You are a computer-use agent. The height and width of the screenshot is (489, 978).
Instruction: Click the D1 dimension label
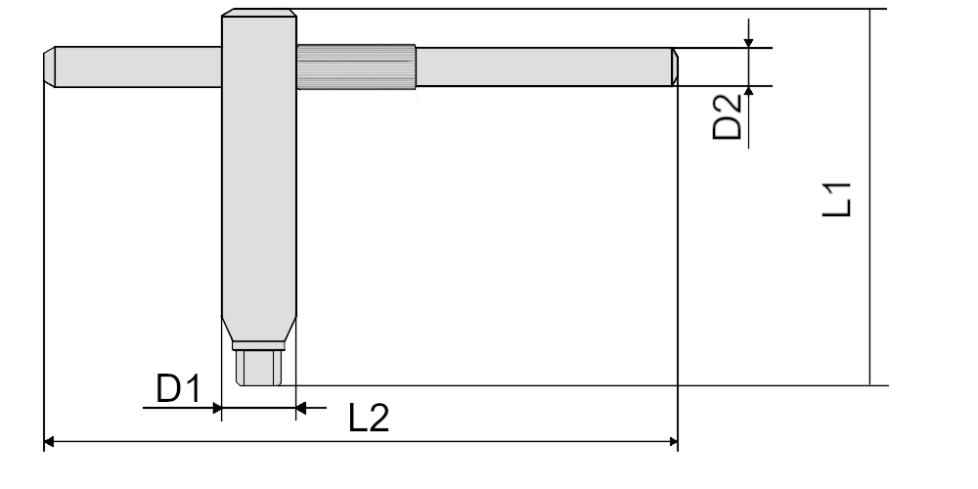click(178, 388)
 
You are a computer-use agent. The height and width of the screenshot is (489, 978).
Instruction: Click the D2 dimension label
click(728, 116)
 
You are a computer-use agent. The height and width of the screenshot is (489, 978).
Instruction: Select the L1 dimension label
click(837, 200)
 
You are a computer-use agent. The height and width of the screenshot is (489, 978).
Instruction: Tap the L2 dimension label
click(369, 418)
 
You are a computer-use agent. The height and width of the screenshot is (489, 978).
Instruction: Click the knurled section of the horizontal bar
click(356, 67)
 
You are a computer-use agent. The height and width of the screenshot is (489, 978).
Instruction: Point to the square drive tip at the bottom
click(259, 368)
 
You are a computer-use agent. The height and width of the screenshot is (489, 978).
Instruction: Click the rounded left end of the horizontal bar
click(49, 67)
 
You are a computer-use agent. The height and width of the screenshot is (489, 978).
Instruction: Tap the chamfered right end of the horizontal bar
click(675, 67)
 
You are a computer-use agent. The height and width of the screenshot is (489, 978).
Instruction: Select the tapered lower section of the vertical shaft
click(259, 330)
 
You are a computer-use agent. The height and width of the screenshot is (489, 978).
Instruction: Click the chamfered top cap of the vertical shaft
click(259, 13)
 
